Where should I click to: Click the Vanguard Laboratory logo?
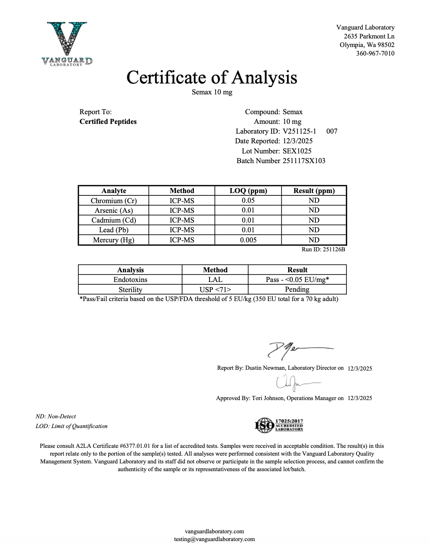pos(67,44)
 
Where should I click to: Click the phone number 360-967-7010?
pos(375,54)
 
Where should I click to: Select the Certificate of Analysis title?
pos(212,77)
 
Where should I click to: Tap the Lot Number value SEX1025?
pos(297,151)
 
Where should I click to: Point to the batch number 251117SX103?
pos(304,161)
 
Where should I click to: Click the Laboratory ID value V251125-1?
pos(299,131)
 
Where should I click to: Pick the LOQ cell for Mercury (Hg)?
pos(248,240)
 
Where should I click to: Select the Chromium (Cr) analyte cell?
pos(114,201)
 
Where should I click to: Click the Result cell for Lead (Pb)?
pos(314,230)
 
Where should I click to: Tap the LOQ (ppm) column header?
pos(248,191)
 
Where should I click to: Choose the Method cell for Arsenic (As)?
pos(182,211)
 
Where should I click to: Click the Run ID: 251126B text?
pos(323,249)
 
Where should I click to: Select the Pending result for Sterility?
pos(297,289)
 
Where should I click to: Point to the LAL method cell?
pos(215,280)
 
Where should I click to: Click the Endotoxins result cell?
pos(297,280)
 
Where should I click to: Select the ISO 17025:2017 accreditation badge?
pos(279,425)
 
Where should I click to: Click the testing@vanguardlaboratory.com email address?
pos(214,539)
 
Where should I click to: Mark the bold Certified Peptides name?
pos(108,122)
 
